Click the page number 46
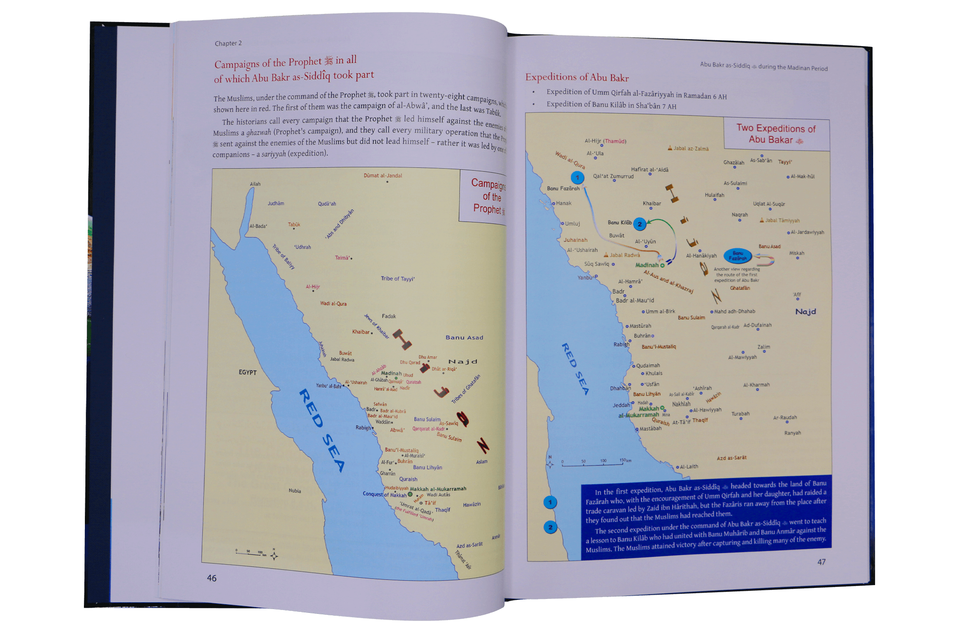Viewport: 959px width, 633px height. pyautogui.click(x=211, y=578)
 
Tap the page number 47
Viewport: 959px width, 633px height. pyautogui.click(x=821, y=562)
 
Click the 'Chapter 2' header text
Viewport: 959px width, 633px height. pyautogui.click(x=228, y=43)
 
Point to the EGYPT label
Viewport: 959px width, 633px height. pyautogui.click(x=247, y=372)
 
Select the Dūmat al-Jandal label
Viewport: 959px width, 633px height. pyautogui.click(x=383, y=176)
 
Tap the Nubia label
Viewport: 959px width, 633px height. pyautogui.click(x=295, y=491)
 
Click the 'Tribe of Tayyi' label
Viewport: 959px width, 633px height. pyautogui.click(x=398, y=279)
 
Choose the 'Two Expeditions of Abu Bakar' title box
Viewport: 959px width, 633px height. pyautogui.click(x=776, y=134)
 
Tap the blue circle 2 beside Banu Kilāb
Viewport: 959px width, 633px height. pyautogui.click(x=639, y=224)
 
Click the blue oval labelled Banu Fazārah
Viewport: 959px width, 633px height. pyautogui.click(x=738, y=256)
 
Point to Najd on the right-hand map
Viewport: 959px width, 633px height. pyautogui.click(x=806, y=312)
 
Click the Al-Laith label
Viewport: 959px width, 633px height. pyautogui.click(x=689, y=467)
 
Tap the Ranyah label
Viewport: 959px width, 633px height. pyautogui.click(x=793, y=433)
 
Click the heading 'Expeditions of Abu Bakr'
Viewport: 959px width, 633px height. pyautogui.click(x=577, y=77)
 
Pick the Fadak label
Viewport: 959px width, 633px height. pyautogui.click(x=389, y=316)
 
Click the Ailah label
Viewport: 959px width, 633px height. pyautogui.click(x=255, y=184)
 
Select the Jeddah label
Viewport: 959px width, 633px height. pyautogui.click(x=621, y=405)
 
